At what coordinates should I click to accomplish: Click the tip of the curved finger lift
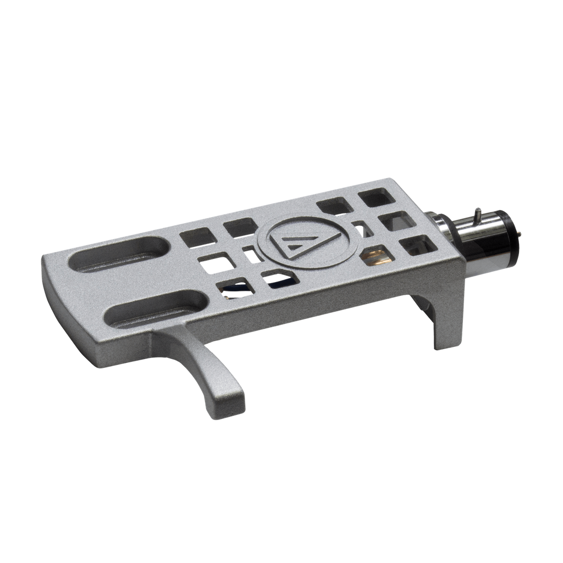point(231,404)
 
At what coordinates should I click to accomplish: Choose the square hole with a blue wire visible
point(235,288)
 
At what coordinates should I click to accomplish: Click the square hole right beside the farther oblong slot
point(197,237)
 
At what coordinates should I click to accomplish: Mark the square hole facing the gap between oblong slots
point(216,263)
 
